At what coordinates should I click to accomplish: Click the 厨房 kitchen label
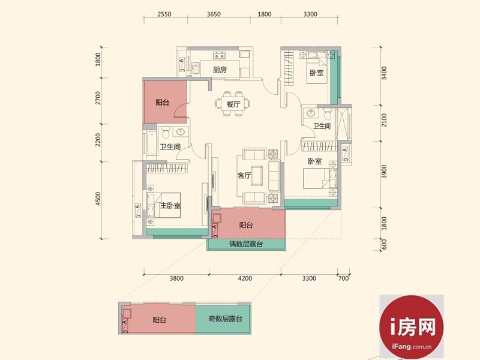[220, 70]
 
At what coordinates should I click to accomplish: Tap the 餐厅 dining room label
[233, 104]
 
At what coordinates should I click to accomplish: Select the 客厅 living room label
[244, 175]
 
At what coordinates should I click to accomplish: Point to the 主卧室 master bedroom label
[170, 205]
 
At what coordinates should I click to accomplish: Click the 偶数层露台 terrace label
[246, 244]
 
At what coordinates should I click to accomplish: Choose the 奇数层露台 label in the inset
[226, 319]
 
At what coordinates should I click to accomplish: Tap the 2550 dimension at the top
[164, 14]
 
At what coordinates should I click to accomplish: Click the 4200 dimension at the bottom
[245, 278]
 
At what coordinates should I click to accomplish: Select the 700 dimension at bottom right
[343, 278]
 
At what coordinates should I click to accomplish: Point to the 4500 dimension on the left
[98, 199]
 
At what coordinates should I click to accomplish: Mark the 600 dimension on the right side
[385, 245]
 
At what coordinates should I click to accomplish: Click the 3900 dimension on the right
[385, 172]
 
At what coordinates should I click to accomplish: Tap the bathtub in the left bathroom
[151, 143]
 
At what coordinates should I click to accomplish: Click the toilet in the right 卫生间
[328, 115]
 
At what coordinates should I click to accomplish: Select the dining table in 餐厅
[233, 104]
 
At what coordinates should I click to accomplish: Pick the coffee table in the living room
[257, 176]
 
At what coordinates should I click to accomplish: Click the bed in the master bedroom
[163, 205]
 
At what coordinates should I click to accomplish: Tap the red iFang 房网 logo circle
[412, 327]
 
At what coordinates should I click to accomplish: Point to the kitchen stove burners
[219, 55]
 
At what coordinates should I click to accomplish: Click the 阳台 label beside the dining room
[162, 103]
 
